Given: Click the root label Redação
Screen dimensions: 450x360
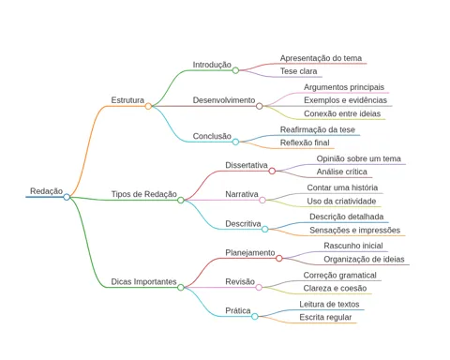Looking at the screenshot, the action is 46,191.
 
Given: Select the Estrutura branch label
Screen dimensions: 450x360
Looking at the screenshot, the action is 127,100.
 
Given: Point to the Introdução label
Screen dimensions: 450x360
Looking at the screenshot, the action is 212,65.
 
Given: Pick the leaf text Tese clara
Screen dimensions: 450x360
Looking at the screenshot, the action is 298,71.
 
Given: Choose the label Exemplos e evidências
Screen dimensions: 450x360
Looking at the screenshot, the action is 345,100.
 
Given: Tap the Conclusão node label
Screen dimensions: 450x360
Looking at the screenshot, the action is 212,136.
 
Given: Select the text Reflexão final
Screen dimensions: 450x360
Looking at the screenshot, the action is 305,142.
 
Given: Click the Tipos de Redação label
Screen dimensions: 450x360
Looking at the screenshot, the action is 144,194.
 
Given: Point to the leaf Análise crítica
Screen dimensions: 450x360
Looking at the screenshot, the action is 342,172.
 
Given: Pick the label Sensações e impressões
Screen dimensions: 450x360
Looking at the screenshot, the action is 354,231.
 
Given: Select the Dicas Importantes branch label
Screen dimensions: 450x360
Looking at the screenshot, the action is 143,281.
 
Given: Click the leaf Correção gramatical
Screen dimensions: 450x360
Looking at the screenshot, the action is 339,276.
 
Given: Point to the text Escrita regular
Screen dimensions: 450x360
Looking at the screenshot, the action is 325,317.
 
